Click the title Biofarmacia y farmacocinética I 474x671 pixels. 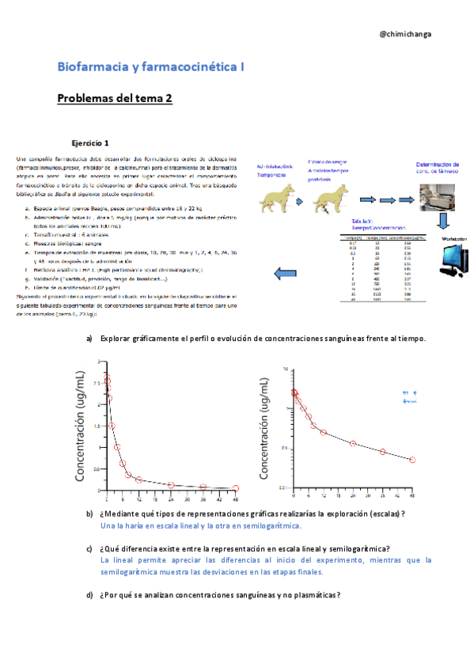(150, 68)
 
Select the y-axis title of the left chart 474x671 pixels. (81, 427)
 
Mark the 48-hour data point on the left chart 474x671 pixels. (236, 489)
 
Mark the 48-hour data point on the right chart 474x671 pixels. (412, 460)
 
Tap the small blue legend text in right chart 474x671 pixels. (410, 396)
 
